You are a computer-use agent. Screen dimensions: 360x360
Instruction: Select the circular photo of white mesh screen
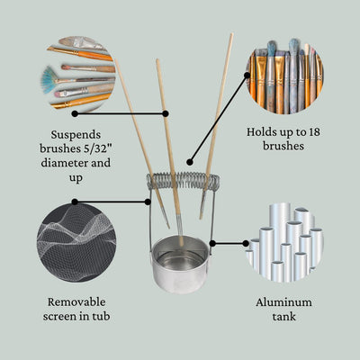coord(76,241)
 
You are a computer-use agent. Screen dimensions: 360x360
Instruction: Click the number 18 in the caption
coord(311,131)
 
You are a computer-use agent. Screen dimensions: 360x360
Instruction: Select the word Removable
coord(76,301)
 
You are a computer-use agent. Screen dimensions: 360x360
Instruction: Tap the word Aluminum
coord(283,302)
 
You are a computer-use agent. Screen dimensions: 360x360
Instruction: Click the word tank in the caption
coord(283,319)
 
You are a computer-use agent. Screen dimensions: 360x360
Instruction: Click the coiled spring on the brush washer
coord(184,180)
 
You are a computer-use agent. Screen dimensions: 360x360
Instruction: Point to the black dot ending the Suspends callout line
coord(166,113)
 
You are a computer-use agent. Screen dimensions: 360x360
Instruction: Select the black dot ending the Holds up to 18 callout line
coord(187,164)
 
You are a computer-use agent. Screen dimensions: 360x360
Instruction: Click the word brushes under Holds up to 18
coord(283,148)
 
